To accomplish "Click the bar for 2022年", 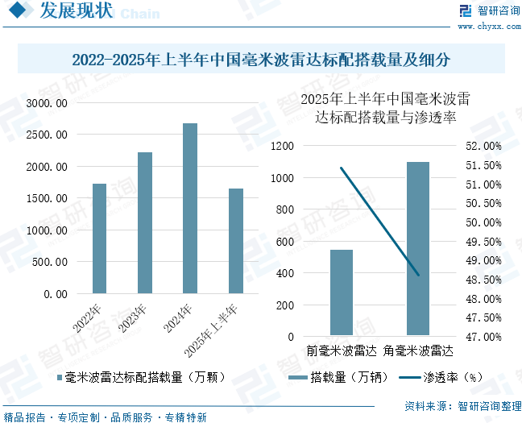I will pyautogui.click(x=99, y=238).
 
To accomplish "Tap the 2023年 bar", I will pyautogui.click(x=145, y=222).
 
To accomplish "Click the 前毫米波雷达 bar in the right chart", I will pyautogui.click(x=342, y=292).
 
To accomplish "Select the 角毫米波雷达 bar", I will pyautogui.click(x=417, y=248).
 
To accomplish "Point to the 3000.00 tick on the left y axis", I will pyautogui.click(x=48, y=103).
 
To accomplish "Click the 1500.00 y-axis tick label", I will pyautogui.click(x=48, y=198).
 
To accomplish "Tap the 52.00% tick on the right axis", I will pyautogui.click(x=483, y=146).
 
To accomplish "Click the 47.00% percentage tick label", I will pyautogui.click(x=483, y=337).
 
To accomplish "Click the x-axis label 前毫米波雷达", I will pyautogui.click(x=342, y=351).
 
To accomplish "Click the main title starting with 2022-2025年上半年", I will pyautogui.click(x=260, y=60).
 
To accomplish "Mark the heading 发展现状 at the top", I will pyautogui.click(x=76, y=12).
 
